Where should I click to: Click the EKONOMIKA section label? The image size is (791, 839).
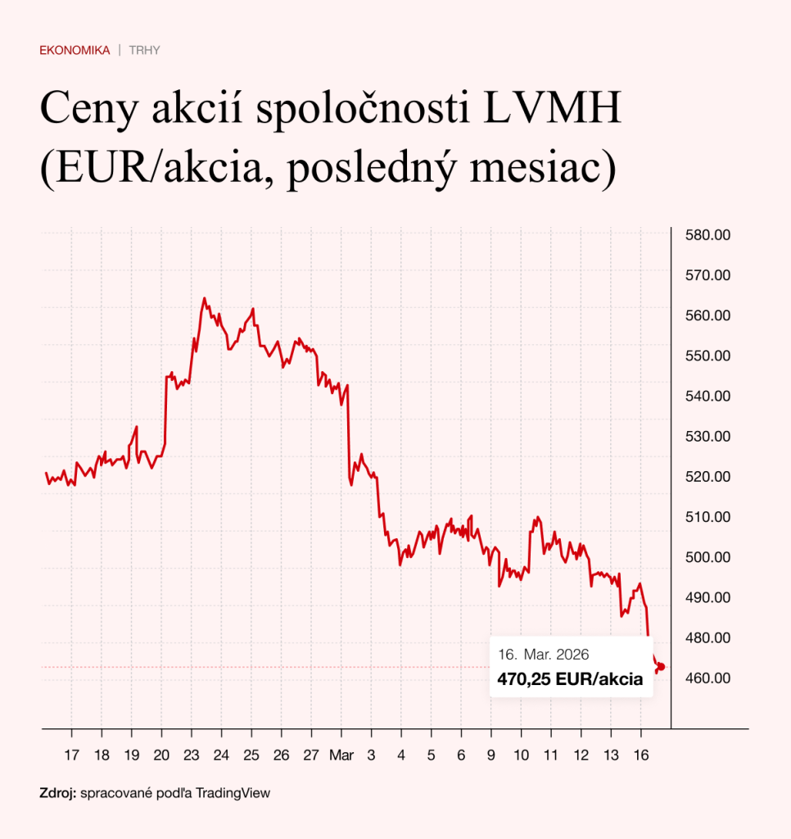point(75,51)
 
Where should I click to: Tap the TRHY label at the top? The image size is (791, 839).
point(144,51)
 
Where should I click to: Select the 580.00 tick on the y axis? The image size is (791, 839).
point(706,235)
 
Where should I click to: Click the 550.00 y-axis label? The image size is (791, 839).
point(706,356)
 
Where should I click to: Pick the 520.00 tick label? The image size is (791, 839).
point(706,477)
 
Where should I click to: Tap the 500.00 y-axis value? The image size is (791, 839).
point(706,557)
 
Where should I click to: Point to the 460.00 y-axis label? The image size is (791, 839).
point(706,678)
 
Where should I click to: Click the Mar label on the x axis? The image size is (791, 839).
point(341,755)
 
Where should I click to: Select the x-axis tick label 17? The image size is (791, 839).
point(71,755)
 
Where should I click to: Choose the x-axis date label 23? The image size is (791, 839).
point(191,755)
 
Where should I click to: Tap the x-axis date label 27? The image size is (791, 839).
point(311,755)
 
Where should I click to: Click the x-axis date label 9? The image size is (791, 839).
point(491,755)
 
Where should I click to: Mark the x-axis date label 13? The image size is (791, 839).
point(611,755)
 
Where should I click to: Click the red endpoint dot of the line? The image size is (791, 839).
point(661,667)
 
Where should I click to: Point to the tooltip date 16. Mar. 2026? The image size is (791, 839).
point(544,655)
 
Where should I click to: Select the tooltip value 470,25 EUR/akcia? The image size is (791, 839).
point(570,678)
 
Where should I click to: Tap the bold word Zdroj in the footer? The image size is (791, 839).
point(57,793)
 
